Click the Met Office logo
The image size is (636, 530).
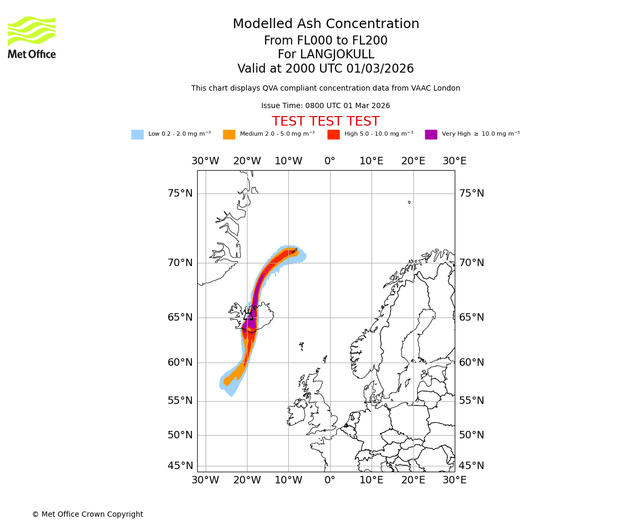(x=32, y=37)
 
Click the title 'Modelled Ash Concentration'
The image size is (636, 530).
(x=325, y=24)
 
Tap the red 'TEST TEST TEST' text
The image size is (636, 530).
(x=325, y=121)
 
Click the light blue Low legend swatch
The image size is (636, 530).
(x=137, y=135)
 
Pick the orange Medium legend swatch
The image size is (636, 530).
(x=229, y=135)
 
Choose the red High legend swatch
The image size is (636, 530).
(x=333, y=135)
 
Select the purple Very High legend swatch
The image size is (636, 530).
(x=431, y=135)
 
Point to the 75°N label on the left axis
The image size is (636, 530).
(x=180, y=193)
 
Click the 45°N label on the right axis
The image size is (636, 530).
(x=471, y=466)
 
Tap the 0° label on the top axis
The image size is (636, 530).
(x=330, y=161)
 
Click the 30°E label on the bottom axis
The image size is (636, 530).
(x=454, y=480)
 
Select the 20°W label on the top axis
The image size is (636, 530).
(x=247, y=161)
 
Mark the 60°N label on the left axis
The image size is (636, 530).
(x=180, y=363)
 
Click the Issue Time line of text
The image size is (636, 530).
(x=325, y=106)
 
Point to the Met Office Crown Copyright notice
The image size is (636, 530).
(x=87, y=515)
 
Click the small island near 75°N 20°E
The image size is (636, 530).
(x=409, y=202)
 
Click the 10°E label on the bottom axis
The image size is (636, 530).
(x=372, y=480)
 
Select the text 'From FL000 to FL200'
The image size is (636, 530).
(x=325, y=41)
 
